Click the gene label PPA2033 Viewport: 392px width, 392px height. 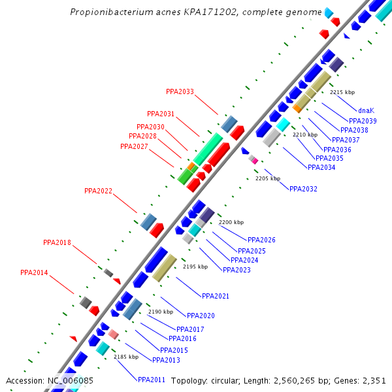[x=180, y=92]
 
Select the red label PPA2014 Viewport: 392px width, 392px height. [x=34, y=273]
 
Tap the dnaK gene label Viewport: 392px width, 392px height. [x=366, y=110]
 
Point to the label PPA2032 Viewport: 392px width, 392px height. [x=303, y=189]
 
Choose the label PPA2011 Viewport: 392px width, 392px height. [x=152, y=380]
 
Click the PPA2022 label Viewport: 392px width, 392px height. [x=98, y=191]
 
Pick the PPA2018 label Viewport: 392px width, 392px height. [x=57, y=242]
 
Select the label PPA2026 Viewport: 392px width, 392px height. [x=261, y=240]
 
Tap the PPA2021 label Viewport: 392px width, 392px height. [x=216, y=297]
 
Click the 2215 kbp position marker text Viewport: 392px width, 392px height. [x=342, y=92]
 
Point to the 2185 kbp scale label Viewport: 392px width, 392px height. [x=126, y=357]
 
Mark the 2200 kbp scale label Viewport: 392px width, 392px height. [x=231, y=223]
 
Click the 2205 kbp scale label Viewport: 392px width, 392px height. [x=267, y=178]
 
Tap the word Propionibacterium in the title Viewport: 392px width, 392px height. [x=108, y=12]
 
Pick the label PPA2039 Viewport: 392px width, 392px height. [x=363, y=121]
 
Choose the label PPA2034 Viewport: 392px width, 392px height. [x=321, y=167]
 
